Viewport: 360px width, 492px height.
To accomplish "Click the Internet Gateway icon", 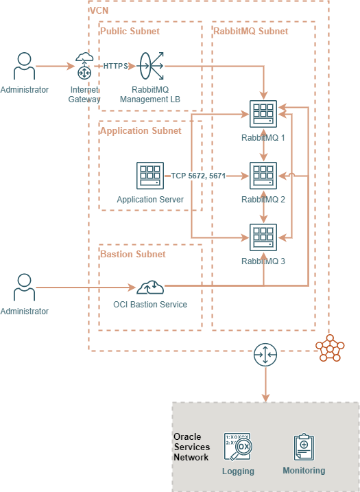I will (84, 67).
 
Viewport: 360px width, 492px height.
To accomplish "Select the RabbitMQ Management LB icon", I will (150, 67).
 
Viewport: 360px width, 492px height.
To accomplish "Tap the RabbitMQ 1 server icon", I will (263, 114).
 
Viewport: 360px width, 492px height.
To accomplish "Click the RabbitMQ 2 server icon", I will (263, 176).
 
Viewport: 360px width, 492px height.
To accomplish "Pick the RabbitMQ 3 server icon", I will (263, 238).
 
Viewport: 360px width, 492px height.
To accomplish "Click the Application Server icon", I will (149, 176).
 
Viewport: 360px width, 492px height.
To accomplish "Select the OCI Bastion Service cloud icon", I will (150, 287).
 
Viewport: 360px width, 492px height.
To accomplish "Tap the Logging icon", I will (238, 447).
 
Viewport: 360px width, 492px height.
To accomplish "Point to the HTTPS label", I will (115, 67).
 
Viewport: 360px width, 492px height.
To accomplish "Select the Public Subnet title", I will (130, 31).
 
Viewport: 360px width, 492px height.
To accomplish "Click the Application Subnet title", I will (141, 130).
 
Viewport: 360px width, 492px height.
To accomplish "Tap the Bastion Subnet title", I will (133, 254).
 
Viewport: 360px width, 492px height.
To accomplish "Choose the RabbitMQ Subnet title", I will (251, 31).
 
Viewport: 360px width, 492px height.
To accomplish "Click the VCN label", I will (99, 10).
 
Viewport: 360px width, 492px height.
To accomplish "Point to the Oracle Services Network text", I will (191, 447).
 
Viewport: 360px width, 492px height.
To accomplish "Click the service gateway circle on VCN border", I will (265, 355).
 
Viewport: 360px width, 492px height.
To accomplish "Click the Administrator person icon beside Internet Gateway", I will (25, 66).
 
